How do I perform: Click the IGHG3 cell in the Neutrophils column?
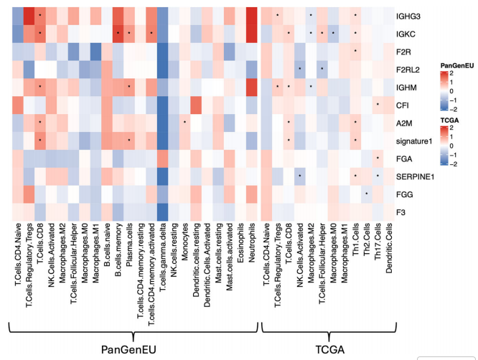coord(251,14)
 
